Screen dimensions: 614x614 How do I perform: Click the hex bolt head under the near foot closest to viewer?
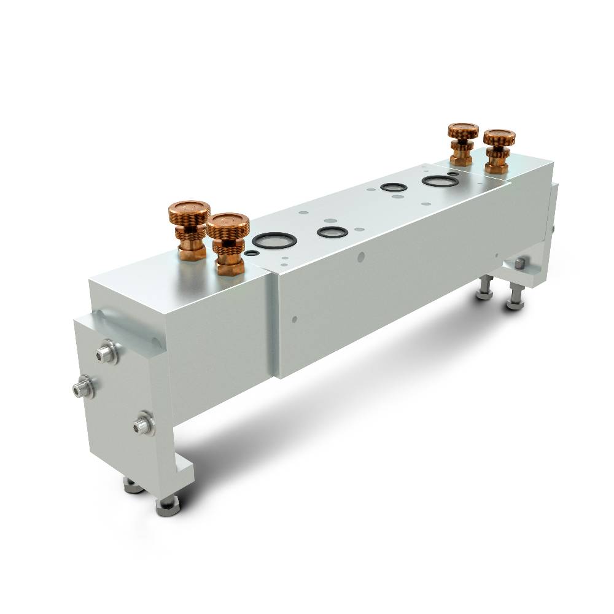(166, 505)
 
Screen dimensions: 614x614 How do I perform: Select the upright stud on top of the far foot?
(519, 264)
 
